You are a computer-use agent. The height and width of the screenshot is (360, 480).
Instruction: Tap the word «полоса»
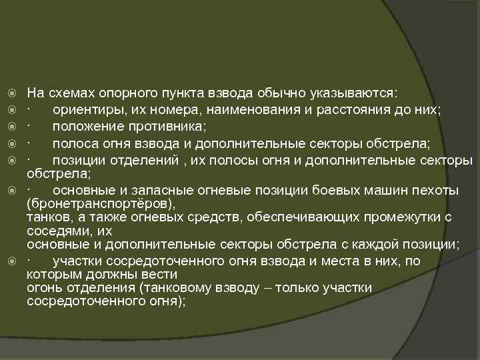74,143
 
